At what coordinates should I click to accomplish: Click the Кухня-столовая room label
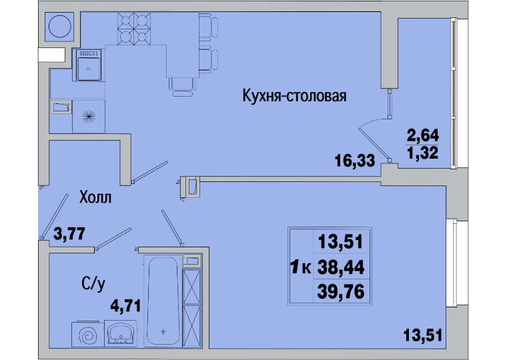[x=294, y=96]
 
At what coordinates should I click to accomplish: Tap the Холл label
[x=95, y=197]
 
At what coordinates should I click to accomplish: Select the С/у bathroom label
[x=93, y=285]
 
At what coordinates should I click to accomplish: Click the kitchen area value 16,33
[x=355, y=161]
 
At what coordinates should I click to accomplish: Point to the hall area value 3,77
[x=69, y=233]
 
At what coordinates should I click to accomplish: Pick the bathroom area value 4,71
[x=125, y=306]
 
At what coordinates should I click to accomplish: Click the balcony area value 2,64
[x=422, y=135]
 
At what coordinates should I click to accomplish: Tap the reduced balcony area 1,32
[x=422, y=153]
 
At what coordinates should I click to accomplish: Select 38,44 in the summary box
[x=341, y=267]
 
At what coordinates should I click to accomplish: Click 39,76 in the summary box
[x=341, y=291]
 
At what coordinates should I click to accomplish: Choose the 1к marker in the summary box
[x=301, y=267]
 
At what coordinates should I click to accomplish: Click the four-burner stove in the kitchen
[x=134, y=29]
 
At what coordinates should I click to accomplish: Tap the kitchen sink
[x=89, y=65]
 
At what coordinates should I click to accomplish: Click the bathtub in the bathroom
[x=163, y=301]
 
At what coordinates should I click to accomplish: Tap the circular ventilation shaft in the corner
[x=60, y=27]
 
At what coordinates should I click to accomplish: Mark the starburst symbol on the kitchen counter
[x=89, y=117]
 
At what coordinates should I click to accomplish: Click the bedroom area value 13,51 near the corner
[x=422, y=335]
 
